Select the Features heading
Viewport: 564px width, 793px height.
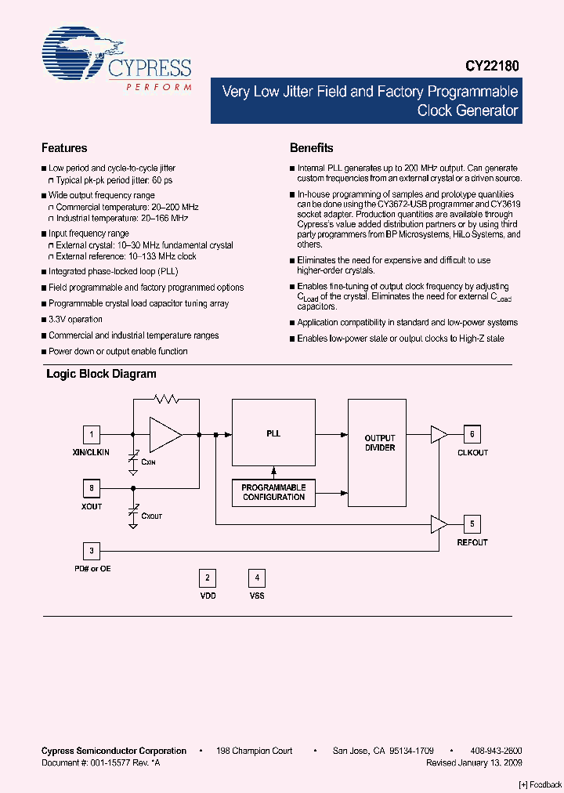click(64, 148)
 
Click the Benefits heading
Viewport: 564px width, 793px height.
click(311, 148)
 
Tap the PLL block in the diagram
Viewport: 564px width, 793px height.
click(273, 433)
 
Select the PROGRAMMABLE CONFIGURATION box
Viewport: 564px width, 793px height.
click(273, 492)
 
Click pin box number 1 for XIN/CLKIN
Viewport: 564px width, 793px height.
click(92, 434)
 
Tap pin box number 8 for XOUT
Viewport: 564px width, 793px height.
click(92, 488)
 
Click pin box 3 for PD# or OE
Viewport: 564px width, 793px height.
click(92, 550)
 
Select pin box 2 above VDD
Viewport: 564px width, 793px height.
click(208, 578)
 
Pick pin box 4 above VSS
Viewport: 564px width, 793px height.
click(257, 578)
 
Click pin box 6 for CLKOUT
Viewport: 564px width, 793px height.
click(472, 434)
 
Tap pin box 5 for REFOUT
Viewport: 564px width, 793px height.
click(472, 523)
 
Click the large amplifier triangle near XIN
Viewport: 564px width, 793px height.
click(164, 434)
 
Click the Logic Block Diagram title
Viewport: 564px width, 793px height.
click(101, 375)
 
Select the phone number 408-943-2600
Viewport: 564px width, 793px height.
click(497, 751)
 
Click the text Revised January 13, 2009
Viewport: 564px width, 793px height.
click(474, 762)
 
